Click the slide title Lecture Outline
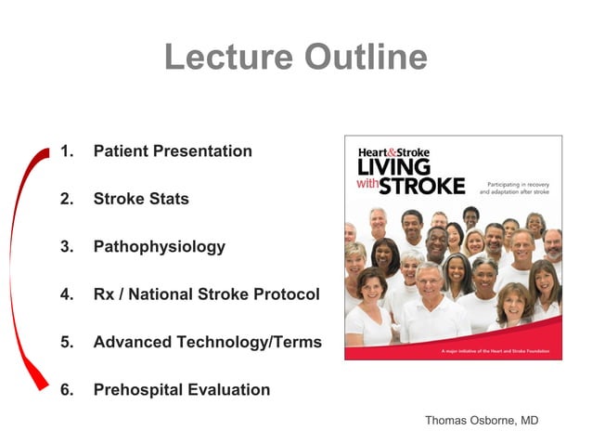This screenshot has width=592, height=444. tap(295, 58)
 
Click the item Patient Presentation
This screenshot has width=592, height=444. tap(173, 151)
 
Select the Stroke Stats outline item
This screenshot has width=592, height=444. tap(140, 199)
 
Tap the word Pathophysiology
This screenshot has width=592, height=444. tap(159, 247)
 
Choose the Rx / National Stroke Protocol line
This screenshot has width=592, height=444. tap(206, 294)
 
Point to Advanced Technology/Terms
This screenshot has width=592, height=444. tap(207, 342)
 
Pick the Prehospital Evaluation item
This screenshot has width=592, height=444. tap(182, 390)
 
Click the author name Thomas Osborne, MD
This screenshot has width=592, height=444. tap(481, 421)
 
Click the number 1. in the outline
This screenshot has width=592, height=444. tap(66, 151)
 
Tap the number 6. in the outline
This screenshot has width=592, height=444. tap(66, 390)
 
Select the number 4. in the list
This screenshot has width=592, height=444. tap(66, 294)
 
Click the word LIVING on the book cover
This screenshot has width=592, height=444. tap(394, 168)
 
